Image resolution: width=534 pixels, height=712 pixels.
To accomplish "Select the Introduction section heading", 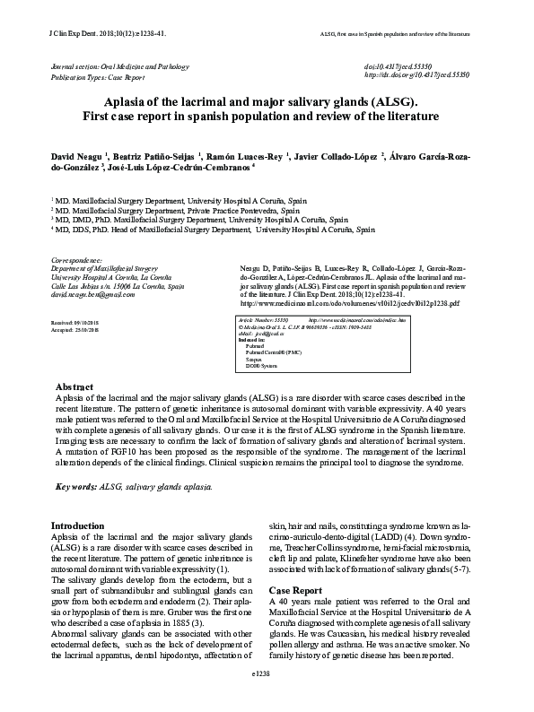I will (77, 525).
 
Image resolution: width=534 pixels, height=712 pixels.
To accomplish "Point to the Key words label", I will (76, 486).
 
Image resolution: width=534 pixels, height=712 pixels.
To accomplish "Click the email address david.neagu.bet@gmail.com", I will (92, 294).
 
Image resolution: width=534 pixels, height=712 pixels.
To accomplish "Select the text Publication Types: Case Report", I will (98, 77).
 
